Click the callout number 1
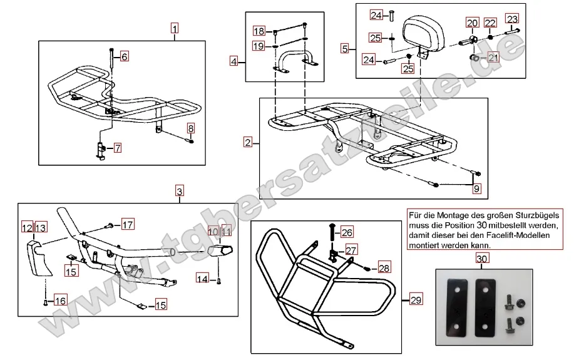pyautogui.click(x=175, y=28)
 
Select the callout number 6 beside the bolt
pyautogui.click(x=124, y=57)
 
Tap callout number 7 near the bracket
pyautogui.click(x=117, y=148)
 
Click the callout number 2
pyautogui.click(x=248, y=143)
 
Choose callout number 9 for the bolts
pyautogui.click(x=477, y=187)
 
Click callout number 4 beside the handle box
pyautogui.click(x=234, y=61)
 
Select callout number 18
pyautogui.click(x=259, y=31)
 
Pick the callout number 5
pyautogui.click(x=345, y=48)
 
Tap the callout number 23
pyautogui.click(x=512, y=18)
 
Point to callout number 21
pyautogui.click(x=493, y=58)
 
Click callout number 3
pyautogui.click(x=179, y=191)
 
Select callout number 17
pyautogui.click(x=127, y=224)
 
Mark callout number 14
pyautogui.click(x=202, y=278)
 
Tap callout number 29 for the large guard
pyautogui.click(x=416, y=301)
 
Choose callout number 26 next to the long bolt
pyautogui.click(x=347, y=232)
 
